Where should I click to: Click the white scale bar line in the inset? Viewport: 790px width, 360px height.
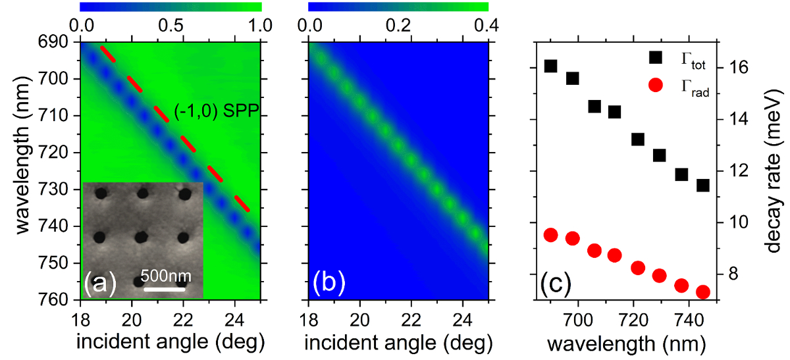[163, 288]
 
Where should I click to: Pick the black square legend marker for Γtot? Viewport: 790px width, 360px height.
[655, 58]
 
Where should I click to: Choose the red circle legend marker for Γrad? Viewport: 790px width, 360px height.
[655, 85]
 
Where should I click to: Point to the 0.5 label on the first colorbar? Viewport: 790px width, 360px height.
[171, 24]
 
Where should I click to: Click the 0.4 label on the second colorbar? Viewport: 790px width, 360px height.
[487, 24]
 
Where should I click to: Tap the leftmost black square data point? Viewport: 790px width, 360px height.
[551, 66]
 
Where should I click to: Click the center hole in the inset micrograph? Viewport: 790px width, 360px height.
[142, 236]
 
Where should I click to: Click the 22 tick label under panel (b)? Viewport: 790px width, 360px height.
[411, 322]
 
